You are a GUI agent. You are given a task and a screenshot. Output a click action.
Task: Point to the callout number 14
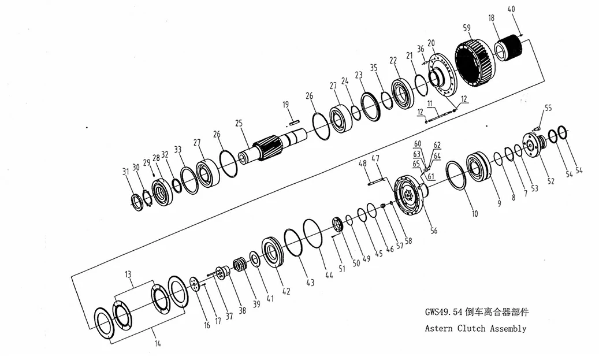(x=158, y=343)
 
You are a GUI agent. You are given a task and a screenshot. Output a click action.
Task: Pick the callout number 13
(x=128, y=274)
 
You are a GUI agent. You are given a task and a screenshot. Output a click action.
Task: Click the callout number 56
(x=433, y=231)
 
